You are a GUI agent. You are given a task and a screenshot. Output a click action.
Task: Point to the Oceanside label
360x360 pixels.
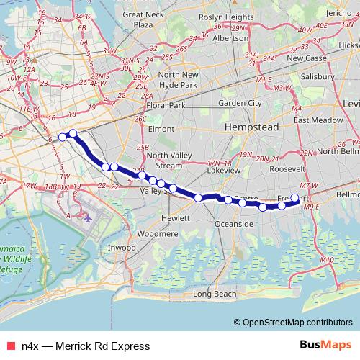[x=234, y=225]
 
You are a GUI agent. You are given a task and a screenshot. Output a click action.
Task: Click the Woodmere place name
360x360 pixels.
[x=157, y=234]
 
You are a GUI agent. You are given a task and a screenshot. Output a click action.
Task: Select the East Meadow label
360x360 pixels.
[x=314, y=120]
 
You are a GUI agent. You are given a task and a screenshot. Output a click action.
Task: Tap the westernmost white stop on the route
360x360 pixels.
[x=63, y=137]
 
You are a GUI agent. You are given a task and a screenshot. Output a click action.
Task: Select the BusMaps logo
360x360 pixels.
[x=327, y=346]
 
